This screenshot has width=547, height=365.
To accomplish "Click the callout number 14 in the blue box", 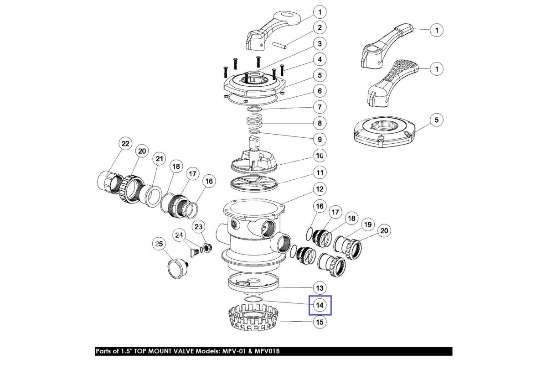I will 320,305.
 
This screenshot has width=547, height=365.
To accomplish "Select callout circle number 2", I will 320,28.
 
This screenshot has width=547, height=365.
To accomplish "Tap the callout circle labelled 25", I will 159,245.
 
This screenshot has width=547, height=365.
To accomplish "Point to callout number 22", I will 125,144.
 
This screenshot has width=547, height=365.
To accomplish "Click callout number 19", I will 367,224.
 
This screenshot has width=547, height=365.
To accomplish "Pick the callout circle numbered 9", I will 320,139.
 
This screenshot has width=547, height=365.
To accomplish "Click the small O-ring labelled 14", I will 253,299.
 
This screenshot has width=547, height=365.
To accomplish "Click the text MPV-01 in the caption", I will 237,351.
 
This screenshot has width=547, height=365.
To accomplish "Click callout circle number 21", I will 159,159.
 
